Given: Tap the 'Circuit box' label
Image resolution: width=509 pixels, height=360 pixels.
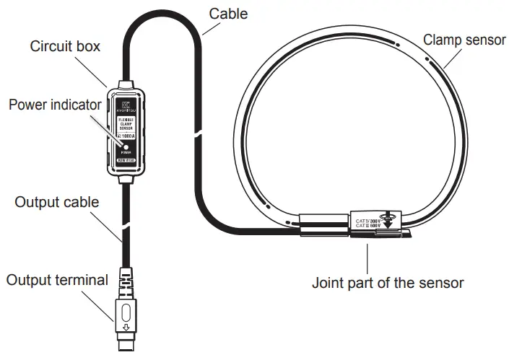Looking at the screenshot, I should pos(65,46).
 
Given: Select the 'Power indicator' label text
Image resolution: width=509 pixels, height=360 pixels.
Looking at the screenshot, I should pos(55,105).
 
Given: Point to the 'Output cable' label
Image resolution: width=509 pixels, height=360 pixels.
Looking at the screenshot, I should pos(57,201).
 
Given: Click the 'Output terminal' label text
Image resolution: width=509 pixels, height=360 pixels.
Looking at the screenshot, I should pos(57,279).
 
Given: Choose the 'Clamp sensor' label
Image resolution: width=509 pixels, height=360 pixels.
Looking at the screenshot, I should pos(464,39).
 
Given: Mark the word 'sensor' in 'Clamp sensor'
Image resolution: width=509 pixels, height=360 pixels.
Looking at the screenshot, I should pos(484,39).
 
